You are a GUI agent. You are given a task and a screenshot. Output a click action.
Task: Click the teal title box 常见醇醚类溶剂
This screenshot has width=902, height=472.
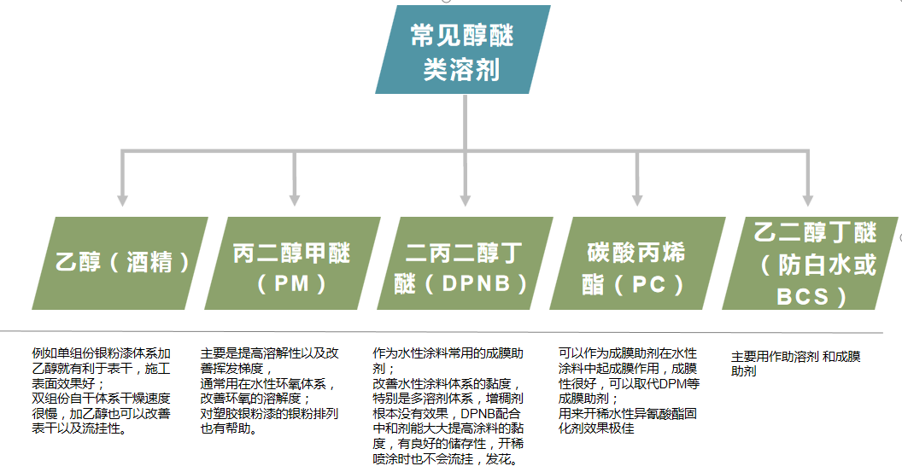pyautogui.click(x=462, y=50)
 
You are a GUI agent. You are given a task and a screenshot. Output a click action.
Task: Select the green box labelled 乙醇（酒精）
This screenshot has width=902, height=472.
pyautogui.click(x=120, y=262)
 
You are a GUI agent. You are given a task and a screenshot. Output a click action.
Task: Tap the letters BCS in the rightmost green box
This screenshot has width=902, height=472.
pyautogui.click(x=802, y=296)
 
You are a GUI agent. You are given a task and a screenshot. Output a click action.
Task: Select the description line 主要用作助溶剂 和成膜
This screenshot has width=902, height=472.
pyautogui.click(x=795, y=357)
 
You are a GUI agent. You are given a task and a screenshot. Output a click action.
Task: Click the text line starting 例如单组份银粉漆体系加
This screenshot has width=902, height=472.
pyautogui.click(x=102, y=353)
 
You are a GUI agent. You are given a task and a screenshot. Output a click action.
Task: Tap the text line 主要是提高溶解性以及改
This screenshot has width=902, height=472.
pyautogui.click(x=270, y=353)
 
